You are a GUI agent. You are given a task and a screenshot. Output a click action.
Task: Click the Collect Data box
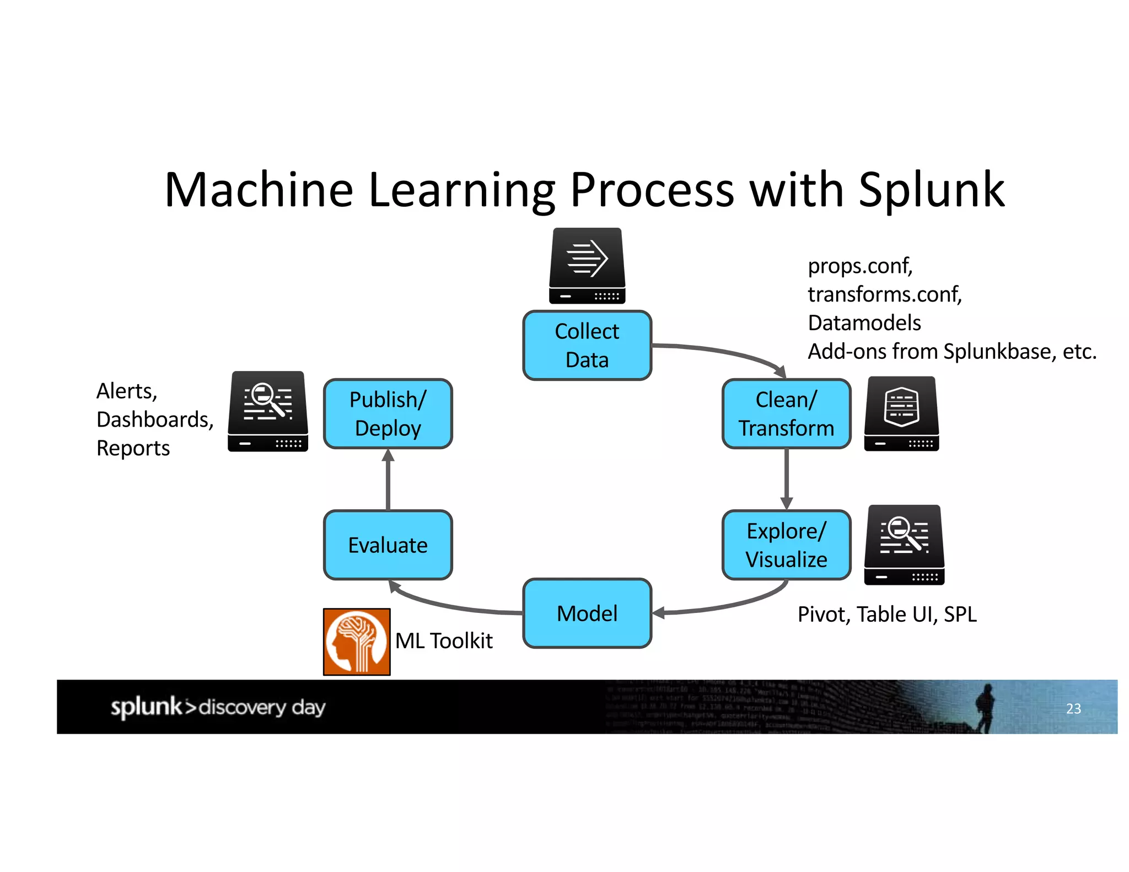tap(587, 346)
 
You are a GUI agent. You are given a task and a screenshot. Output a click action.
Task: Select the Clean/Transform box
tap(786, 413)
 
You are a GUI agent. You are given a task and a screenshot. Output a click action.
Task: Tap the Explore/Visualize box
tap(786, 545)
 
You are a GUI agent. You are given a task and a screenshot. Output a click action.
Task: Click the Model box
tap(587, 613)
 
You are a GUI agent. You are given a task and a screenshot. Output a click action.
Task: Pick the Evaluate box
tap(388, 545)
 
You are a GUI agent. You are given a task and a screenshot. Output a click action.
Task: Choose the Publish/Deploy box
tap(388, 413)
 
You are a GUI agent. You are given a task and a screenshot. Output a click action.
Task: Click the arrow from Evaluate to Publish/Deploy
tap(388, 480)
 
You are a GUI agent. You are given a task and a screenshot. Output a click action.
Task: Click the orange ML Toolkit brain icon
tap(357, 642)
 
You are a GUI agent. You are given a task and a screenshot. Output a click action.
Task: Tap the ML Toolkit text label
tap(444, 641)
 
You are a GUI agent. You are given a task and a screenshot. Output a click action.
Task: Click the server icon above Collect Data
tap(587, 266)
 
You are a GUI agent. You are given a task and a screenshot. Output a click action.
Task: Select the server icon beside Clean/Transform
tap(902, 413)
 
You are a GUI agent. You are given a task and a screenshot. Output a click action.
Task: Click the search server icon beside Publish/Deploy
tap(268, 411)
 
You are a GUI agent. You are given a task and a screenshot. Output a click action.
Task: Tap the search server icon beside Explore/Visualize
tap(904, 545)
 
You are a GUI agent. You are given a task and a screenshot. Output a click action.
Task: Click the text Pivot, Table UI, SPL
tap(886, 614)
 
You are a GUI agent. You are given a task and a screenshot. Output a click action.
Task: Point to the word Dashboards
tap(154, 419)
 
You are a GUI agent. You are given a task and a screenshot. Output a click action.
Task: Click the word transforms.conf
tap(884, 294)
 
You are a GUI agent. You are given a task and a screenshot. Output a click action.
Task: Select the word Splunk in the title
tap(931, 190)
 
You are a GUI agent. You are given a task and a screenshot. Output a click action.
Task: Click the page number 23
tap(1073, 708)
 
